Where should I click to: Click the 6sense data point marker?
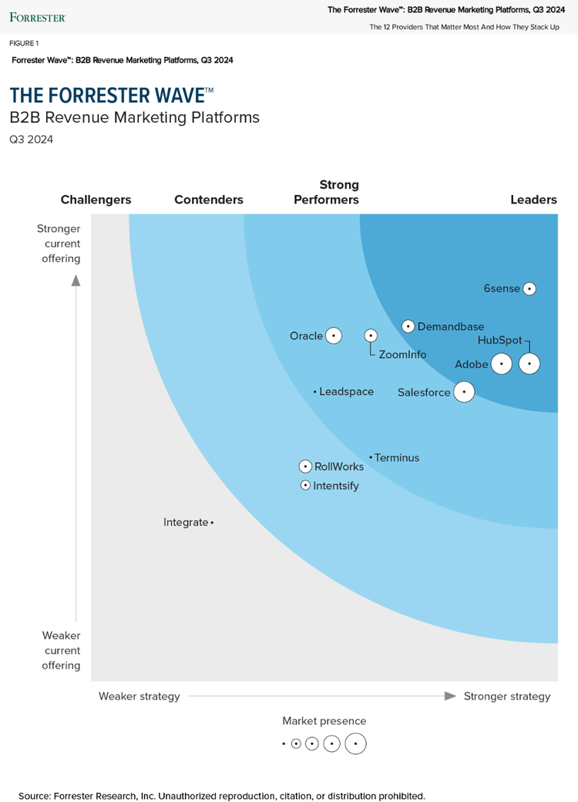coord(529,288)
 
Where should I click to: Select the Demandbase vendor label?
coord(451,327)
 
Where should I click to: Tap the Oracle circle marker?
coord(333,335)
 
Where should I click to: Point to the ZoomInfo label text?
coord(402,355)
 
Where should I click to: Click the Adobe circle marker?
coord(502,364)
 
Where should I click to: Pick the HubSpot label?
coord(499,340)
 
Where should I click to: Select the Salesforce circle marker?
coord(463,392)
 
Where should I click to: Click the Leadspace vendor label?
coord(346,392)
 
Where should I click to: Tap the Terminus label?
coord(397,458)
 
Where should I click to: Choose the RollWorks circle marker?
coord(306,467)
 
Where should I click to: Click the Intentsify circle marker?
coord(306,486)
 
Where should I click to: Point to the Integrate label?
coord(186,522)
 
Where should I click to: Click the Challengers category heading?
coord(96,200)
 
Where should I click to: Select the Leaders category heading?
coord(533,200)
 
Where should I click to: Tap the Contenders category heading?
coord(209,200)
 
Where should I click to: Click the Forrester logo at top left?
coord(37,16)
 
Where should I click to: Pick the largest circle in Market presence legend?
coord(355,744)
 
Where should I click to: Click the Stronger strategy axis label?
coord(507,696)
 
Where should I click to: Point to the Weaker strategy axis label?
coord(139,696)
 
